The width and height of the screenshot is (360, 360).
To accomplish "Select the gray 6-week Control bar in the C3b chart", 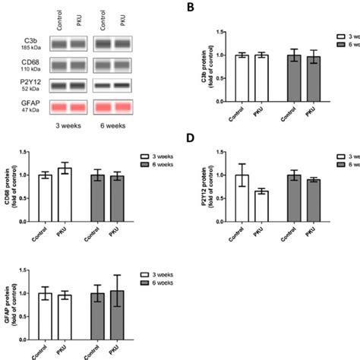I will tap(293, 89).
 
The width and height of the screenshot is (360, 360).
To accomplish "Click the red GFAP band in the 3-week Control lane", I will tap(62, 106).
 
